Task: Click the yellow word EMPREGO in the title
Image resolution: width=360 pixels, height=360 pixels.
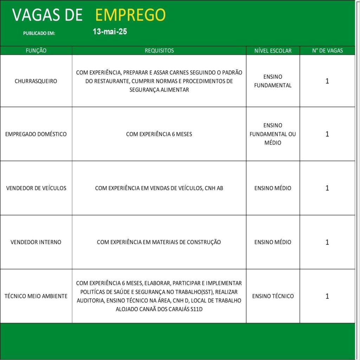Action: pyautogui.click(x=130, y=15)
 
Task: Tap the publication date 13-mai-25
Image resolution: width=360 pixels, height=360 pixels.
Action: pyautogui.click(x=110, y=32)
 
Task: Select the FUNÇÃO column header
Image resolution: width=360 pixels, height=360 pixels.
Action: pyautogui.click(x=36, y=51)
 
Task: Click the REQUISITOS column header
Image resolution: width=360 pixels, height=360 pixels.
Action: pyautogui.click(x=159, y=51)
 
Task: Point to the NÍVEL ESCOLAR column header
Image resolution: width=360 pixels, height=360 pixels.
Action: pyautogui.click(x=273, y=51)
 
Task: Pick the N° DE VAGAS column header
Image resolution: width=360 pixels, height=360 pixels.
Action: pyautogui.click(x=327, y=51)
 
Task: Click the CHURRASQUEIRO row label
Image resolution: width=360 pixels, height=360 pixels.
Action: pyautogui.click(x=36, y=81)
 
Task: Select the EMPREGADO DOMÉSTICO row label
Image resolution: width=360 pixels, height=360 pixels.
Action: pyautogui.click(x=36, y=134)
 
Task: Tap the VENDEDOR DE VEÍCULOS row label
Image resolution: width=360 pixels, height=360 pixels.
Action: pyautogui.click(x=36, y=188)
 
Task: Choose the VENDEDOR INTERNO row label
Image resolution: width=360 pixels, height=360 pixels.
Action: pyautogui.click(x=36, y=242)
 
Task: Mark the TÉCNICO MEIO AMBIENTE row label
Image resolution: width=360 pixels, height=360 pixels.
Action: pyautogui.click(x=36, y=296)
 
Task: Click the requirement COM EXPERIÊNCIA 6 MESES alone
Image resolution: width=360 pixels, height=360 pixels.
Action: pyautogui.click(x=159, y=134)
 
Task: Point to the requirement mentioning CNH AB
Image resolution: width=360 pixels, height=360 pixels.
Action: pyautogui.click(x=159, y=188)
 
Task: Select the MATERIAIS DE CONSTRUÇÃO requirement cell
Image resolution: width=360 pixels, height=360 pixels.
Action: pyautogui.click(x=159, y=242)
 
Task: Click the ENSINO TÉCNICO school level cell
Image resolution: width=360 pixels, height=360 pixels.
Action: pyautogui.click(x=273, y=296)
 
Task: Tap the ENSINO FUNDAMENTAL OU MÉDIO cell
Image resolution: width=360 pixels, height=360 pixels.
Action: pyautogui.click(x=273, y=134)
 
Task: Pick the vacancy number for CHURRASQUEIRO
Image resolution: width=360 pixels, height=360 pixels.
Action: pyautogui.click(x=327, y=81)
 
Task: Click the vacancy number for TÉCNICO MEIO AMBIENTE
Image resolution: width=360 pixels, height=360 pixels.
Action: pyautogui.click(x=327, y=296)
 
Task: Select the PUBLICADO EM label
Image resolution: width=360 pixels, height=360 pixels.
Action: pyautogui.click(x=39, y=33)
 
